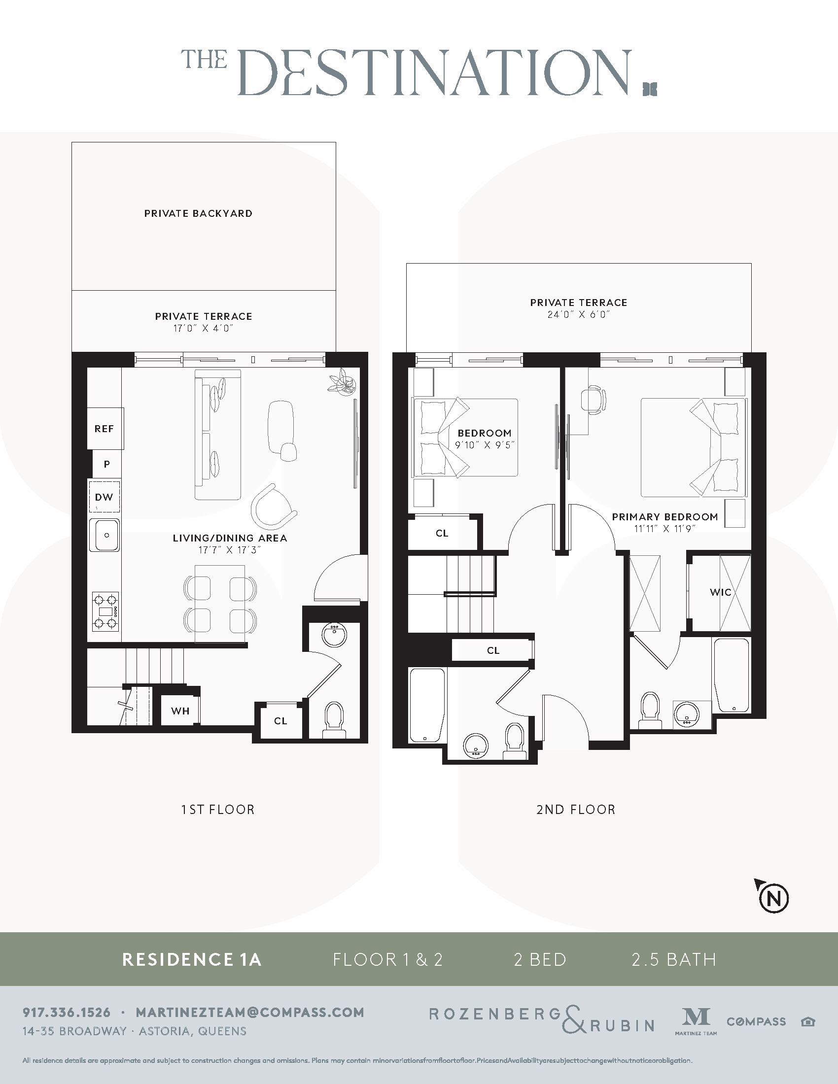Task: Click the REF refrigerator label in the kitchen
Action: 104,428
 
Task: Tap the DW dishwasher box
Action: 104,497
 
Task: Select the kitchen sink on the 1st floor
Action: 104,535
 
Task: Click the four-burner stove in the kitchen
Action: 106,611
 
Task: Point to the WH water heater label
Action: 180,711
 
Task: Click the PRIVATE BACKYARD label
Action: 198,213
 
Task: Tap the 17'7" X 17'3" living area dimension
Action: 229,550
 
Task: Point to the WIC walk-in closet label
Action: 720,592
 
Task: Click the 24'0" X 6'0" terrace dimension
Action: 578,314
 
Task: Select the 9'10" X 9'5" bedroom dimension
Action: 485,445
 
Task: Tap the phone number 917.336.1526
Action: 67,1012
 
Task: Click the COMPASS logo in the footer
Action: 756,1021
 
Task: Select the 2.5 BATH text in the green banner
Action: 674,959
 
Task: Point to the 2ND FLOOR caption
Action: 575,810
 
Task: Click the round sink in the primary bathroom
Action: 687,714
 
